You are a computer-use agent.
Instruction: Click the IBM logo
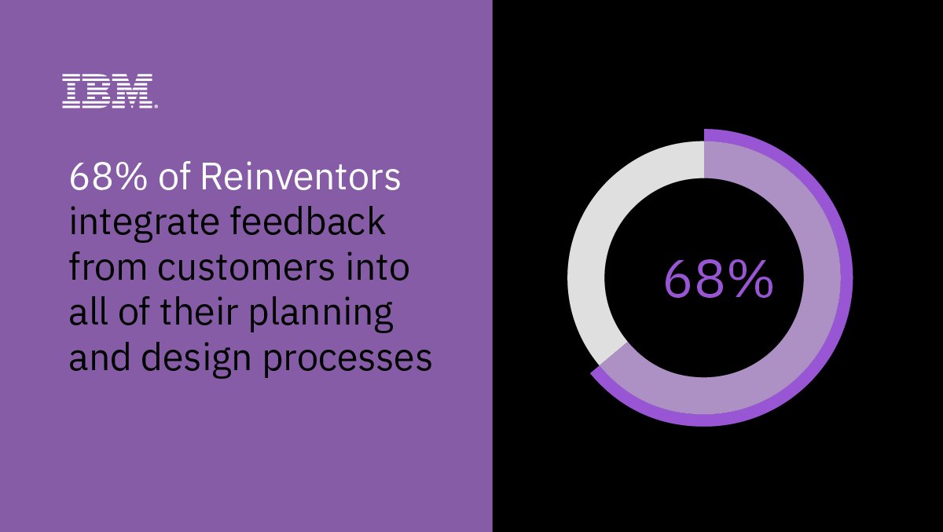[108, 91]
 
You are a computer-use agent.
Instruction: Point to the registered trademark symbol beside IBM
[156, 105]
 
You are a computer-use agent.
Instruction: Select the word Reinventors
[300, 178]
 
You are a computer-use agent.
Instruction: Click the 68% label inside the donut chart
[718, 279]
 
